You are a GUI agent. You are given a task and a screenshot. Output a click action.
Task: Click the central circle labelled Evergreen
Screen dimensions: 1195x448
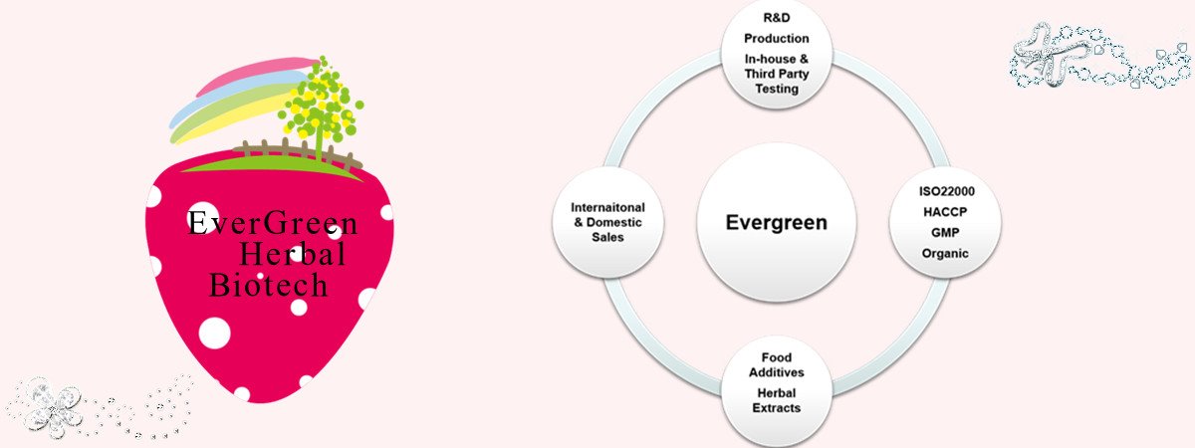(x=777, y=222)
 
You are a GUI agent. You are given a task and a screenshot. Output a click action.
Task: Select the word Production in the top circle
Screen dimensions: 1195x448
(x=776, y=39)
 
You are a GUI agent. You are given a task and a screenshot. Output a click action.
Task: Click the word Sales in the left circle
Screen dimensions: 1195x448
(x=606, y=238)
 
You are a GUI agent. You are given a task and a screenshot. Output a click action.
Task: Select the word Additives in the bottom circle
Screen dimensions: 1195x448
(x=776, y=371)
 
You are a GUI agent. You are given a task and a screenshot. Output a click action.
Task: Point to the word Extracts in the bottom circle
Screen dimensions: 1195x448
(x=776, y=407)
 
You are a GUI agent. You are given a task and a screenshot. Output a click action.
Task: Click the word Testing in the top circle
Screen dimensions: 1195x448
(x=776, y=89)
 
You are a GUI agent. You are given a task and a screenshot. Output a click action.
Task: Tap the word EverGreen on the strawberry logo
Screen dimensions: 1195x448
(x=273, y=224)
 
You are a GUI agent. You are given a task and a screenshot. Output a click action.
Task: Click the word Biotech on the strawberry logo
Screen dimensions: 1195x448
(x=269, y=287)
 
